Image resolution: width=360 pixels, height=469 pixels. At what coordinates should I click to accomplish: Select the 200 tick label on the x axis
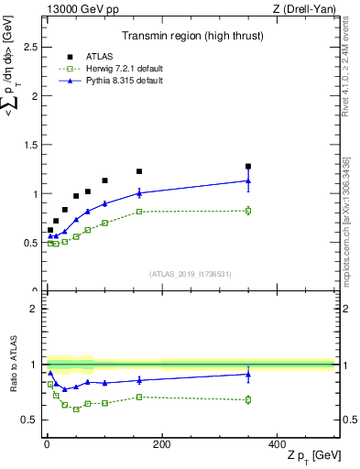161,444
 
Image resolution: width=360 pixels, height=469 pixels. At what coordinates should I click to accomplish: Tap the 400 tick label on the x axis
277,444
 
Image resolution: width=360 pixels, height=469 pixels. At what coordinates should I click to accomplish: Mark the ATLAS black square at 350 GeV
248,167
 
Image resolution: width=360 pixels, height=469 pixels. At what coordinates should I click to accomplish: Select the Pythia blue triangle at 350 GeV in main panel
248,180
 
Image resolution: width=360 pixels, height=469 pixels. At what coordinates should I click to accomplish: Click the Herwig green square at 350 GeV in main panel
248,211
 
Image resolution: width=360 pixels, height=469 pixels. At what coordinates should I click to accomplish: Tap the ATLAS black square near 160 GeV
139,171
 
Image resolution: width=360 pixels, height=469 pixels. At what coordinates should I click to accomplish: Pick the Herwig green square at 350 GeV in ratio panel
248,399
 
